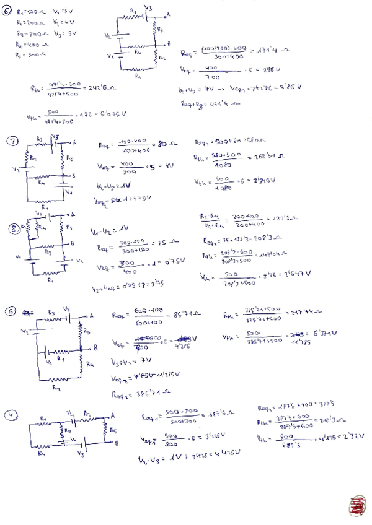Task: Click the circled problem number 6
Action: click(x=7, y=10)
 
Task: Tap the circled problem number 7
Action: click(x=12, y=141)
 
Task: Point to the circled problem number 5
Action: click(x=9, y=311)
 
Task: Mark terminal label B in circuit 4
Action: click(x=115, y=443)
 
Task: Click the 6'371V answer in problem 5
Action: click(x=324, y=335)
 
